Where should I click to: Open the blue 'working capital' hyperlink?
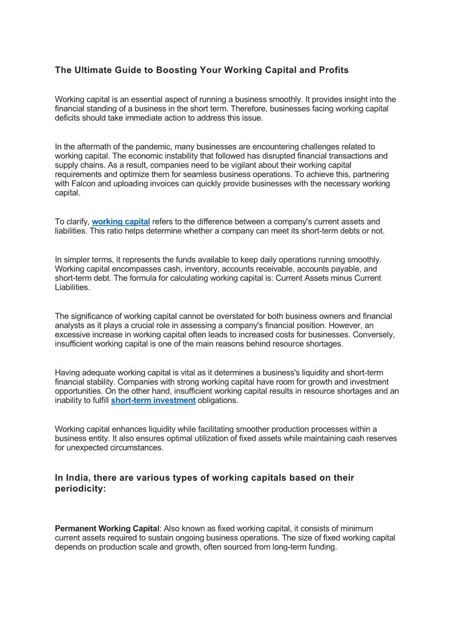click(121, 222)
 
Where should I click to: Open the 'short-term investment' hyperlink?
click(153, 401)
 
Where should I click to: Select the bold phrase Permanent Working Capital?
click(107, 529)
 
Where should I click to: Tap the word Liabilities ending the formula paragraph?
click(72, 288)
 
